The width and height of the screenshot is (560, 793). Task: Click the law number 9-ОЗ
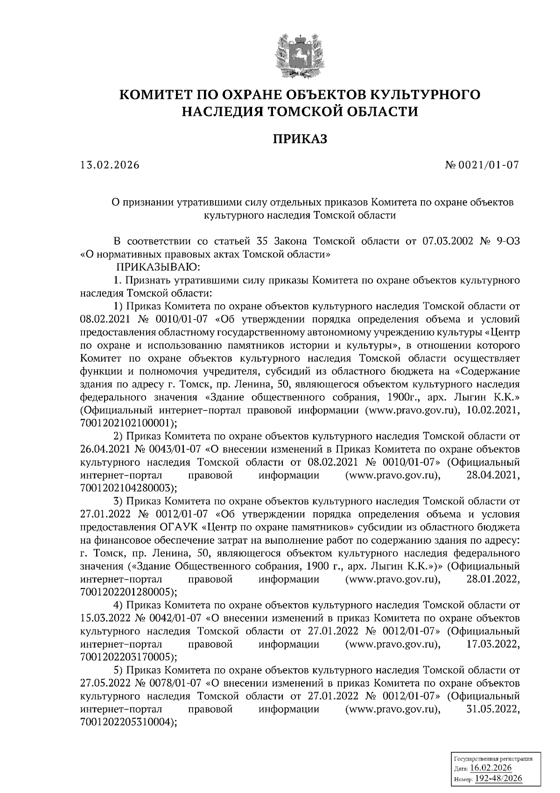pyautogui.click(x=506, y=241)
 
